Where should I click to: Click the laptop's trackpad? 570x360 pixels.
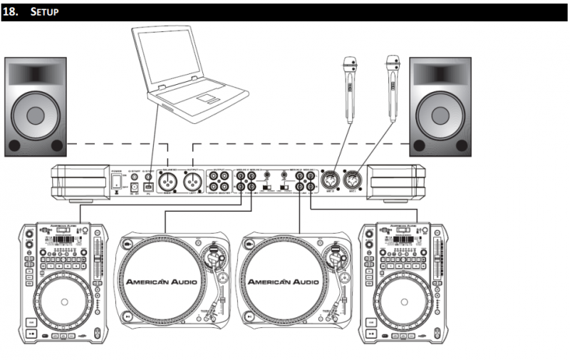pyautogui.click(x=207, y=95)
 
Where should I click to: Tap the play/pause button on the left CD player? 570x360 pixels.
pyautogui.click(x=32, y=332)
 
